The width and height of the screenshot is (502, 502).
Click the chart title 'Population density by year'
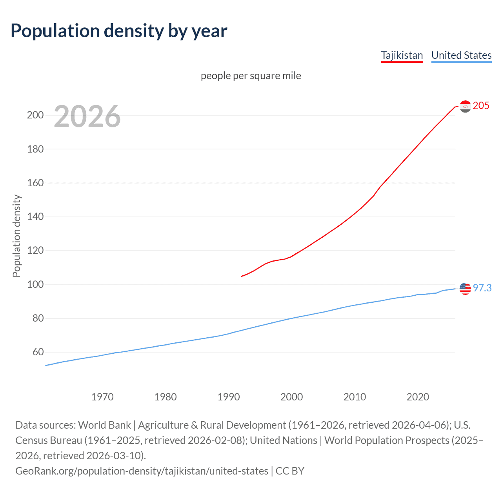click(x=119, y=31)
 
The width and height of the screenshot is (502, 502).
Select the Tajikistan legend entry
click(x=402, y=55)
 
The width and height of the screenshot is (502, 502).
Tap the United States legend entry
click(x=461, y=55)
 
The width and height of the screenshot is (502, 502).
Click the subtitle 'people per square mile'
click(x=251, y=76)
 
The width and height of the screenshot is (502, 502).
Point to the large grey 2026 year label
click(x=87, y=116)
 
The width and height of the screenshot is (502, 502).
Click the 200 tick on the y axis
click(x=35, y=115)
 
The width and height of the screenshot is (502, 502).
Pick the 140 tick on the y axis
click(x=35, y=217)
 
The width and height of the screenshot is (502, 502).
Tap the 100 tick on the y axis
click(x=35, y=284)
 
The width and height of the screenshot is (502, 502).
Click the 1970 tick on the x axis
click(x=102, y=397)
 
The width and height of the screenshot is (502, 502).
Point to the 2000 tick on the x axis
click(x=291, y=397)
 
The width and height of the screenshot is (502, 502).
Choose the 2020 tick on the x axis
click(x=418, y=397)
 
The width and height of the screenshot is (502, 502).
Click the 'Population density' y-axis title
click(x=16, y=236)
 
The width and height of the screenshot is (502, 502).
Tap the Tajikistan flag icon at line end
click(x=465, y=106)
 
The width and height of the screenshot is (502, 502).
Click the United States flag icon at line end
click(x=465, y=288)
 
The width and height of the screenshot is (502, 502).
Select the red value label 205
click(x=481, y=106)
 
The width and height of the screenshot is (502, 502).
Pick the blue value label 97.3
click(x=482, y=288)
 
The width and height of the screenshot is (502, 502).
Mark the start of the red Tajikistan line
click(x=242, y=276)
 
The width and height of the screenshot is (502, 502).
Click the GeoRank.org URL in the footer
click(x=142, y=471)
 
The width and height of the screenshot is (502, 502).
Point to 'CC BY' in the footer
click(x=290, y=471)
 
